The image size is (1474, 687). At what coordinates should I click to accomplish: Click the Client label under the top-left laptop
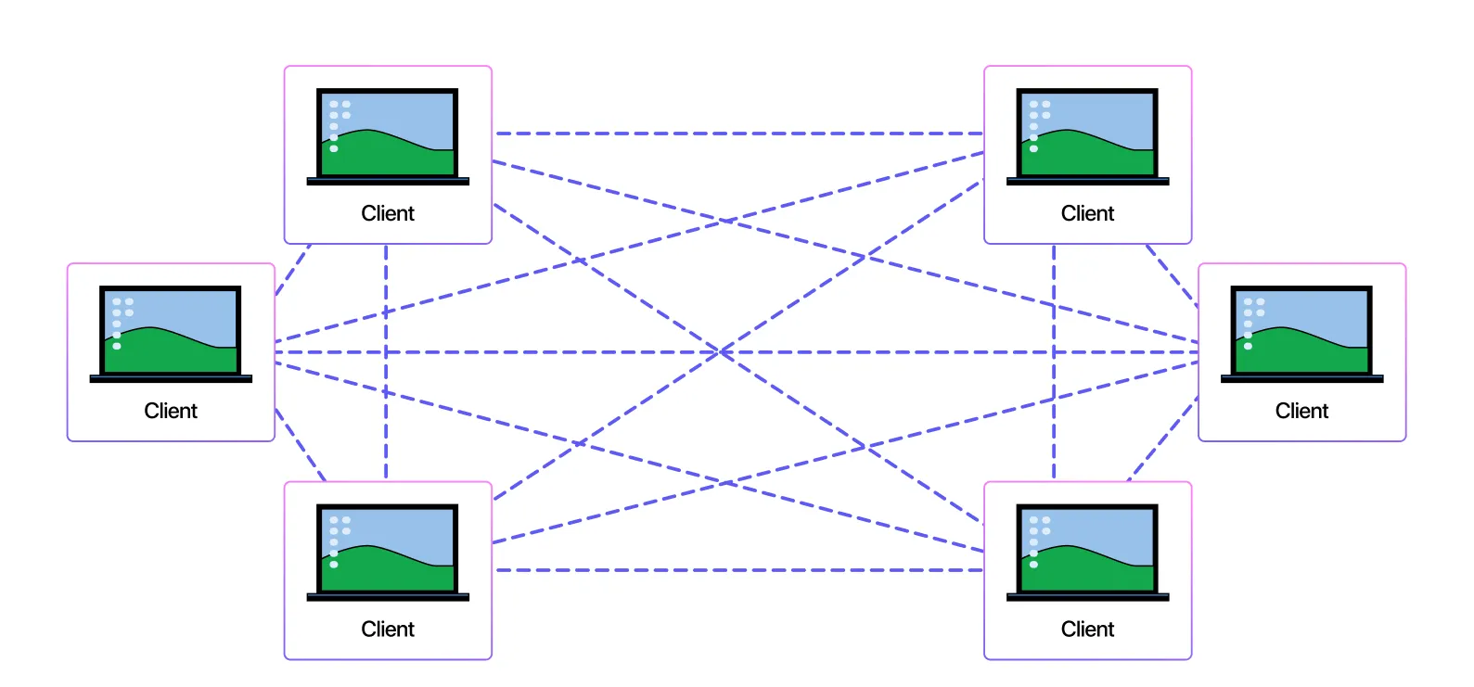[x=388, y=213]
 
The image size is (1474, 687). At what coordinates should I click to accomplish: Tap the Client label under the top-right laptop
[x=1087, y=213]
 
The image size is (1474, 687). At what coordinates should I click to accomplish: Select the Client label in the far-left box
[x=171, y=411]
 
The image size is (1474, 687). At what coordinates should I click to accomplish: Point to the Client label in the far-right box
[x=1301, y=411]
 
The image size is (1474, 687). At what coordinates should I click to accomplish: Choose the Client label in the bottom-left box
[x=388, y=630]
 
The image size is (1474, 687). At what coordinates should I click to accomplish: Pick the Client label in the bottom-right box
[x=1087, y=630]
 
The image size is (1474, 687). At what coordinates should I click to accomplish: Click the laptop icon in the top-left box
[x=388, y=136]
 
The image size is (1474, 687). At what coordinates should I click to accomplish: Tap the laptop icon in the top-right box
[x=1087, y=136]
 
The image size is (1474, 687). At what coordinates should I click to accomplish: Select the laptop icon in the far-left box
[x=171, y=334]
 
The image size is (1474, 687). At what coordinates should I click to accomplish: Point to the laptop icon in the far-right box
[x=1301, y=334]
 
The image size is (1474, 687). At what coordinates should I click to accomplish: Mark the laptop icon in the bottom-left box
[x=388, y=553]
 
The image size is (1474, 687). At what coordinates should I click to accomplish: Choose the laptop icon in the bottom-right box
[x=1087, y=553]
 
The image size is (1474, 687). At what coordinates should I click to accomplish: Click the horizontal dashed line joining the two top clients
[x=737, y=134]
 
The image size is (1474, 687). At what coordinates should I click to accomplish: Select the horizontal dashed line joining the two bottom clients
[x=737, y=570]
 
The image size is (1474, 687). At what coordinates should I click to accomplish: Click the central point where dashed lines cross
[x=721, y=352]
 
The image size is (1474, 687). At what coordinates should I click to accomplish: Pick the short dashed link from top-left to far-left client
[x=293, y=269]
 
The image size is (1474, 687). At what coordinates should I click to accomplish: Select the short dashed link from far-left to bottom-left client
[x=300, y=445]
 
